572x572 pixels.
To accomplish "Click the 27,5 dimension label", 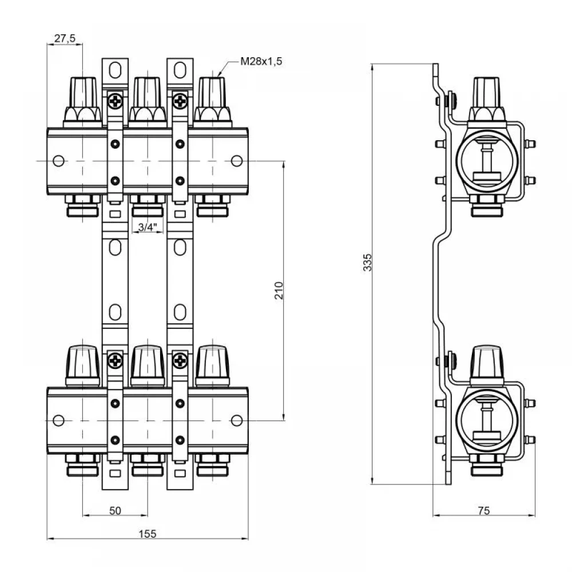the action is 65,38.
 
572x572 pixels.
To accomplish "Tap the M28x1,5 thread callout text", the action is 261,61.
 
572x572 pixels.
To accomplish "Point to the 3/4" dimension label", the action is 148,227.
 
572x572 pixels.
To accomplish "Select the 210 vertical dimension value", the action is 279,291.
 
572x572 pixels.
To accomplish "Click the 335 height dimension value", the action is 368,263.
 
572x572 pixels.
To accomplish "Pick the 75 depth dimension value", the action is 484,511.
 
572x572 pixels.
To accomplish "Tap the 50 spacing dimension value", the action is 116,511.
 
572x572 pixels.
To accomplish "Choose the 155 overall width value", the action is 148,534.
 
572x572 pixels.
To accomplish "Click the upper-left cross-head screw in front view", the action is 116,101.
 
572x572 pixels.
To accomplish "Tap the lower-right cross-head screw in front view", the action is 180,360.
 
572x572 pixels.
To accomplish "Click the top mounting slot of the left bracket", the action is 116,70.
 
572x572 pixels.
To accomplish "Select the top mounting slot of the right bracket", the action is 180,70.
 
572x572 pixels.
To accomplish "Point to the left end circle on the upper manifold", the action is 59,161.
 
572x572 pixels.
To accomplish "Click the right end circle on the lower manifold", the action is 237,420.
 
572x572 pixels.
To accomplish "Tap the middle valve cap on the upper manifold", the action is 148,102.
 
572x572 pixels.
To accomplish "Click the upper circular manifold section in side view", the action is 487,161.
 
